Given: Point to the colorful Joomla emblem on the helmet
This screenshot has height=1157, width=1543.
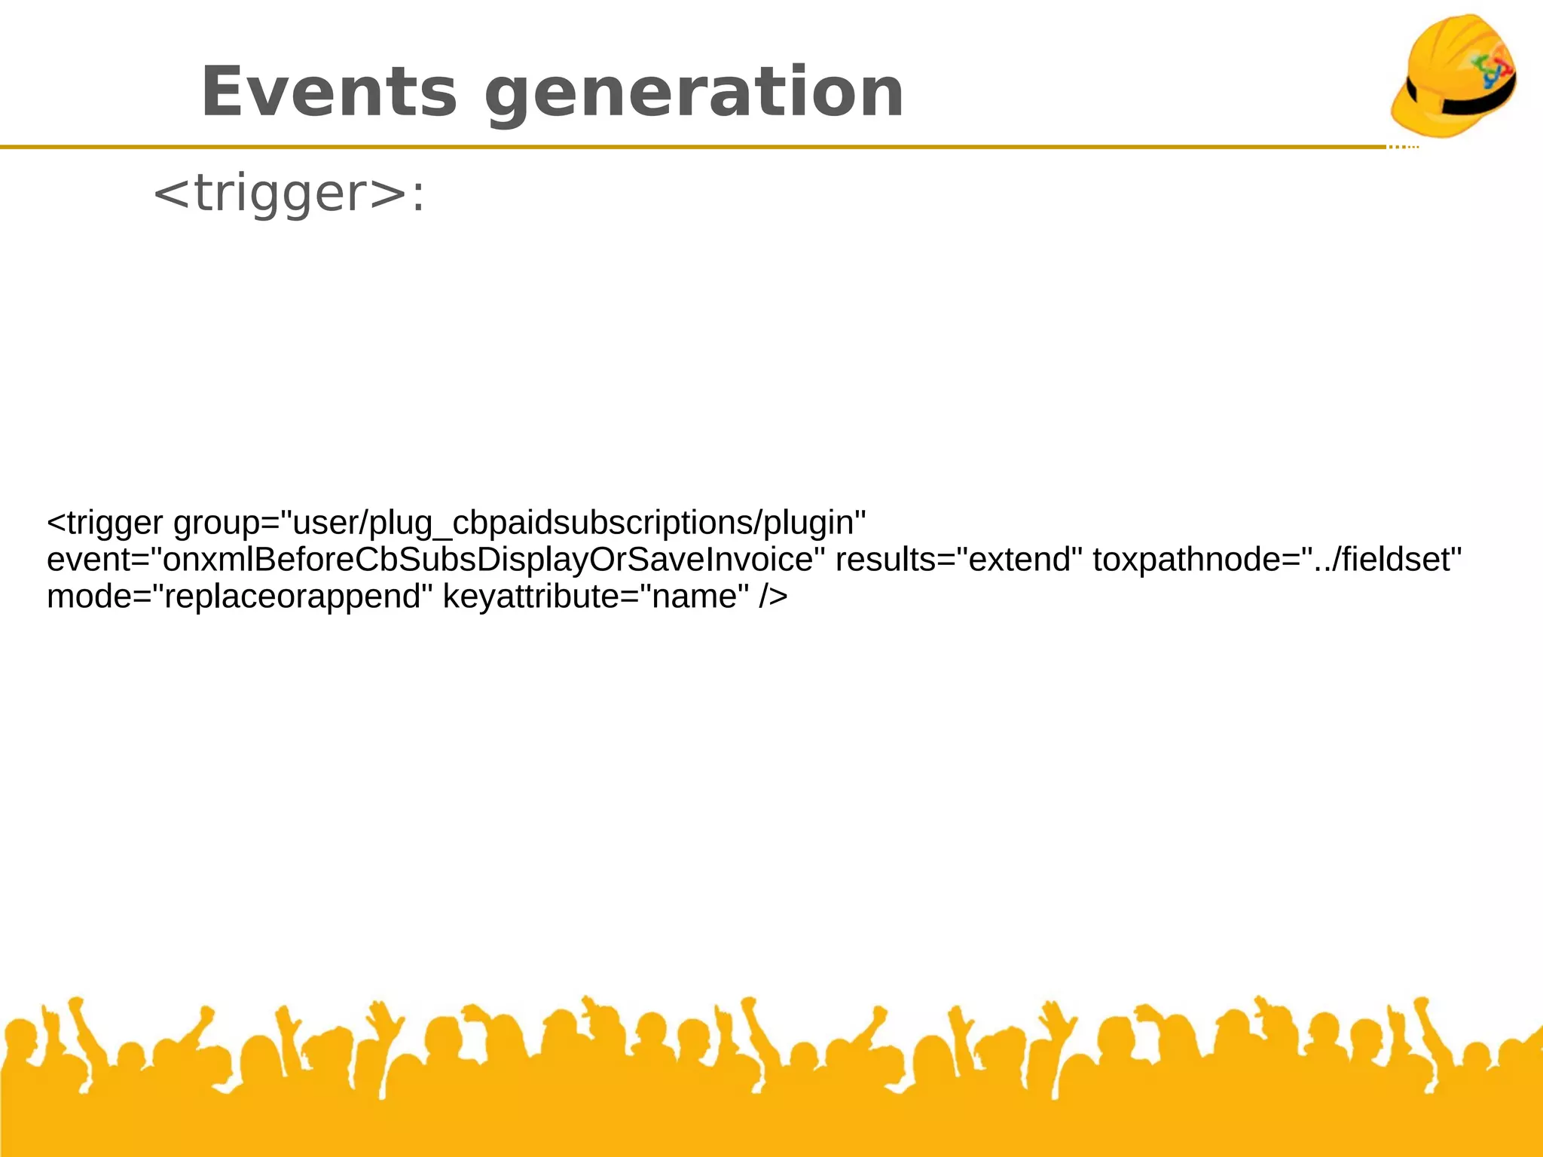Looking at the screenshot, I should coord(1492,70).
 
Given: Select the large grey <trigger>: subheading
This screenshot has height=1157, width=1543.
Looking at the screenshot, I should coord(289,194).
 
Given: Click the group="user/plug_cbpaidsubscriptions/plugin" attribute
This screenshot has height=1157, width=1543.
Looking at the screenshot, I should coord(519,522).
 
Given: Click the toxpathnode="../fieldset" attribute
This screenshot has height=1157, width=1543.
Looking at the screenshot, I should coord(1276,560).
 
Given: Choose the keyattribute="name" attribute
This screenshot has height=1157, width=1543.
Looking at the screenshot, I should coord(595,597).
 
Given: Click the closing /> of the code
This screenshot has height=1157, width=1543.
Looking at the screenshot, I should coord(773,597).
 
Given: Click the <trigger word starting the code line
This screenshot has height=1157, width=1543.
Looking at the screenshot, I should coord(105,523).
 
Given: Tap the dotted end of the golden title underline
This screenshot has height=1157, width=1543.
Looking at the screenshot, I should coord(1404,147).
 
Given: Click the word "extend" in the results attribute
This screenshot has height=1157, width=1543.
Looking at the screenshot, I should coord(1020,560).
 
